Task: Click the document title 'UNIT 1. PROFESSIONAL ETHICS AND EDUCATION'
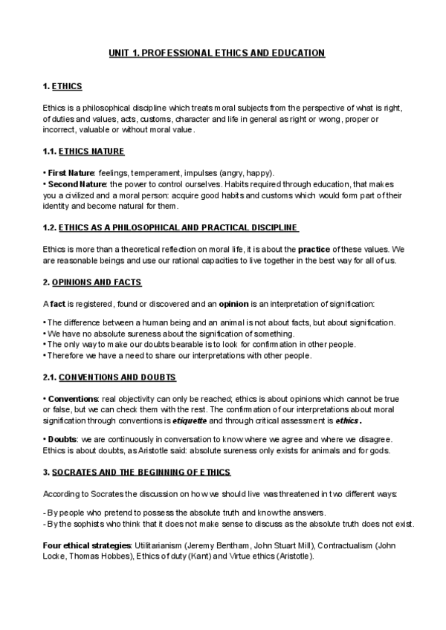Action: click(x=216, y=53)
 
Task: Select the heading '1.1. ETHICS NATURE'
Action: click(x=83, y=152)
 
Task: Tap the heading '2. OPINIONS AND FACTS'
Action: click(x=92, y=283)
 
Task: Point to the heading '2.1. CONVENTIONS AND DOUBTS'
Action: click(x=110, y=377)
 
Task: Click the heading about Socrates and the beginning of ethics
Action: click(x=138, y=472)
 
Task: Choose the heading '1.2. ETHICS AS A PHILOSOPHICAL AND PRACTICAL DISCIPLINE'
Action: click(x=172, y=227)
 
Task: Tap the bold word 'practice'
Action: click(x=316, y=248)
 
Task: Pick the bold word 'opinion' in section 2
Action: click(x=234, y=305)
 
